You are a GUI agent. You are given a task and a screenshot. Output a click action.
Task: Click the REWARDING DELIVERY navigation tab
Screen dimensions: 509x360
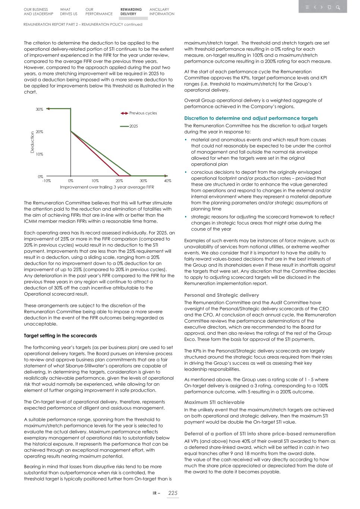[x=131, y=12]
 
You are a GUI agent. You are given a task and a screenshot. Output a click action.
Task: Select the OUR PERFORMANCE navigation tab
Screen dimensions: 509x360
[x=98, y=12]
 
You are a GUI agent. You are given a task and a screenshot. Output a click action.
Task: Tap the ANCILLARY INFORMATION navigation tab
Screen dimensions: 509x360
[x=162, y=12]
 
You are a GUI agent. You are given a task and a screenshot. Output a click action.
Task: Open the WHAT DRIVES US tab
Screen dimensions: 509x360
[x=68, y=12]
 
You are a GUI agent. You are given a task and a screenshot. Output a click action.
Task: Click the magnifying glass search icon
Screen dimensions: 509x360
[x=338, y=7]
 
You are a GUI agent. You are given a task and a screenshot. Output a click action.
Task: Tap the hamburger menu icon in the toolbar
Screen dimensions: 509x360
[x=307, y=7]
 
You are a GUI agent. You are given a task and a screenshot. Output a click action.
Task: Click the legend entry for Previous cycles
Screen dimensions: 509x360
[x=143, y=113]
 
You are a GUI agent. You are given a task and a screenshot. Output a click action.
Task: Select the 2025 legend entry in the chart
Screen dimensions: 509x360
[x=134, y=126]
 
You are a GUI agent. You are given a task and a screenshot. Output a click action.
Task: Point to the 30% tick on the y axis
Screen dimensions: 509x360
[x=39, y=109]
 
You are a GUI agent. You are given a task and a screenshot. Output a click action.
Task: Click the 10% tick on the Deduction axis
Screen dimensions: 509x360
[x=39, y=154]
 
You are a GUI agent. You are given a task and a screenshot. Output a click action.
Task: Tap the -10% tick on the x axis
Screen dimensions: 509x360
[x=46, y=181]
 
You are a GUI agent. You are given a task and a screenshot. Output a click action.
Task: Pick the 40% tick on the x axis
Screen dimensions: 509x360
[x=168, y=181]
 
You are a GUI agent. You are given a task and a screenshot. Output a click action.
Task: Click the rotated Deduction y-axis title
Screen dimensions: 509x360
[x=32, y=142]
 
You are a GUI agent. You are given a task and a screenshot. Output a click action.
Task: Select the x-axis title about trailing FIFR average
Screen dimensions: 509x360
[x=107, y=187]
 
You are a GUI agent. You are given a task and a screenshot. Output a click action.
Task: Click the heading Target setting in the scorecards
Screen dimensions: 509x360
[x=60, y=336]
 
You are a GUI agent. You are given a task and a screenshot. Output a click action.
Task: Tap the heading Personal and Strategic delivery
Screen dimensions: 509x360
[x=221, y=295]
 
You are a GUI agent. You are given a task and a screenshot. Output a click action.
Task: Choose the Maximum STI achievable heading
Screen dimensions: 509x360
[x=214, y=402]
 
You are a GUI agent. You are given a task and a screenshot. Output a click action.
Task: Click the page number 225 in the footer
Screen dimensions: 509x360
[x=173, y=493]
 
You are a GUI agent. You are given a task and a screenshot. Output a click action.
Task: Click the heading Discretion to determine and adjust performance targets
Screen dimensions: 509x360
[x=251, y=118]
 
